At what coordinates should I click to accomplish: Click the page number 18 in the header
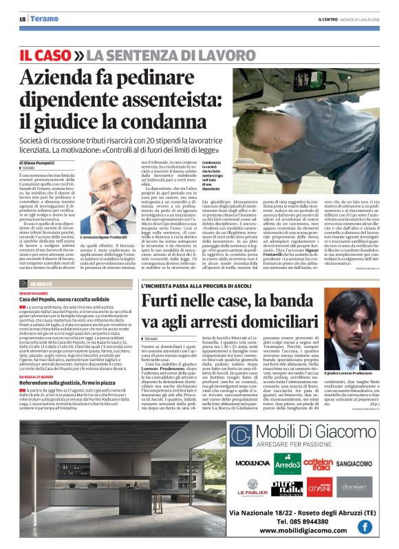23,19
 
